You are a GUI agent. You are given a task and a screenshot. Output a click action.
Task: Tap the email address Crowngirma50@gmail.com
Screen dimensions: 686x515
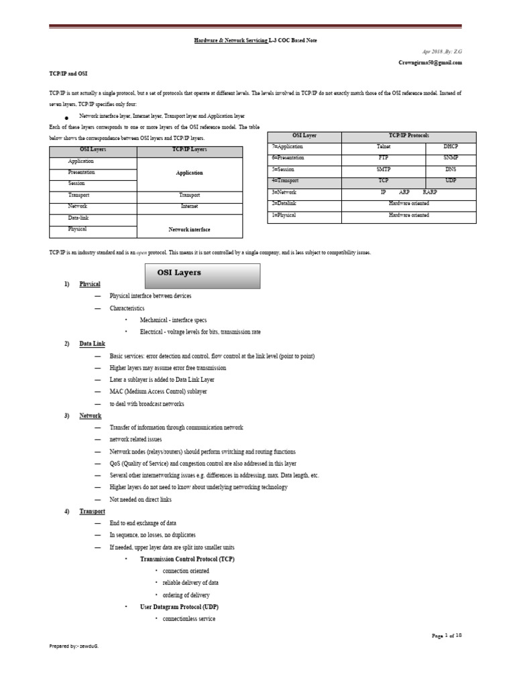pos(430,62)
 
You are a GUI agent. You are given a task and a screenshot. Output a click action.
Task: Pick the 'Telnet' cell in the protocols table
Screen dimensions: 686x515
pos(384,146)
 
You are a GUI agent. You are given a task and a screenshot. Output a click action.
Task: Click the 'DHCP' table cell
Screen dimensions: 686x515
pos(451,146)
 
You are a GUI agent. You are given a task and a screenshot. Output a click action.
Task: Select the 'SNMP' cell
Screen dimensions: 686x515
pos(451,157)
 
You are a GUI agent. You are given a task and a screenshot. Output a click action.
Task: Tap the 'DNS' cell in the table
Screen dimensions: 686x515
pos(451,169)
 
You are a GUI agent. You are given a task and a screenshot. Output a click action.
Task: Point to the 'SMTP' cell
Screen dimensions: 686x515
pos(384,169)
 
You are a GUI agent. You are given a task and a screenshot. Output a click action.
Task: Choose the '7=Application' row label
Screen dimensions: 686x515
pos(288,146)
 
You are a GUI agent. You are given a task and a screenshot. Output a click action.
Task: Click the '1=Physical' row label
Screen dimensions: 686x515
pos(284,215)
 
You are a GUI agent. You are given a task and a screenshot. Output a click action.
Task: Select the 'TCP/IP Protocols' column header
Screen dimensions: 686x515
pos(408,135)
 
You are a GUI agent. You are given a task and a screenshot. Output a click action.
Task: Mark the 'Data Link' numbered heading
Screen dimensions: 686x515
pos(92,344)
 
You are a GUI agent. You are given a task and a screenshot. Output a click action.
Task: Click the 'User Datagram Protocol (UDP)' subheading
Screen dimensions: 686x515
pos(179,607)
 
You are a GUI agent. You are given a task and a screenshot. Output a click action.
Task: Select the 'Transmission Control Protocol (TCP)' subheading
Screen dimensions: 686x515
pos(187,559)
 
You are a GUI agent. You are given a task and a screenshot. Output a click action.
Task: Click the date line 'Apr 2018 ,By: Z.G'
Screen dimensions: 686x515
pos(441,52)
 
